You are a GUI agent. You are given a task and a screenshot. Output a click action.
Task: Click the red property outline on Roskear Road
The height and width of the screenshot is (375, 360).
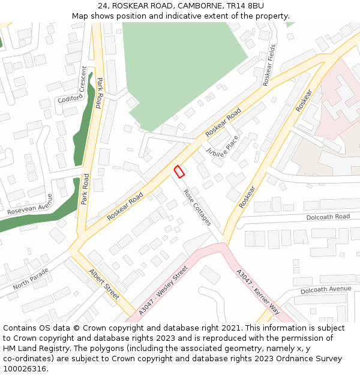pyautogui.click(x=178, y=172)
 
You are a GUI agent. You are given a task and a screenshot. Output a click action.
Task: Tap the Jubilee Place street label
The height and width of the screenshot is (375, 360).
pyautogui.click(x=223, y=146)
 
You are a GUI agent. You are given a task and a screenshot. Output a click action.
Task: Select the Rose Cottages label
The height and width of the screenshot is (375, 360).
pyautogui.click(x=197, y=208)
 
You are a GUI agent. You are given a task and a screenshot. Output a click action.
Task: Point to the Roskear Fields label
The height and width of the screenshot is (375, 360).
pyautogui.click(x=268, y=64)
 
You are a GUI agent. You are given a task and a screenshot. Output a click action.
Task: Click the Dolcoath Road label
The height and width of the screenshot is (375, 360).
pyautogui.click(x=328, y=217)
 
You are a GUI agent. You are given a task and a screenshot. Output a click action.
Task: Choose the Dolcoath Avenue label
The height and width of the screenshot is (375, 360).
pyautogui.click(x=326, y=290)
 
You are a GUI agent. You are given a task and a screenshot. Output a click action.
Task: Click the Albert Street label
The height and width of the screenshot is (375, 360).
pyautogui.click(x=104, y=284)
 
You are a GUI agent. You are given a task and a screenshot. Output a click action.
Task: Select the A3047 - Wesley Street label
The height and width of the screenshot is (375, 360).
pyautogui.click(x=163, y=290)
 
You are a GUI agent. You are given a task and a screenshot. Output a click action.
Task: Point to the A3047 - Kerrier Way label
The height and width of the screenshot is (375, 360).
pyautogui.click(x=258, y=292)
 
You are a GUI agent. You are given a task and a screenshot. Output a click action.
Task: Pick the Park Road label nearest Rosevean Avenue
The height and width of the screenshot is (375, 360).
pyautogui.click(x=85, y=188)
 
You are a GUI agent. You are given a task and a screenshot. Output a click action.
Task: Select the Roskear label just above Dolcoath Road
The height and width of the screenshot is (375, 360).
pyautogui.click(x=247, y=197)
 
